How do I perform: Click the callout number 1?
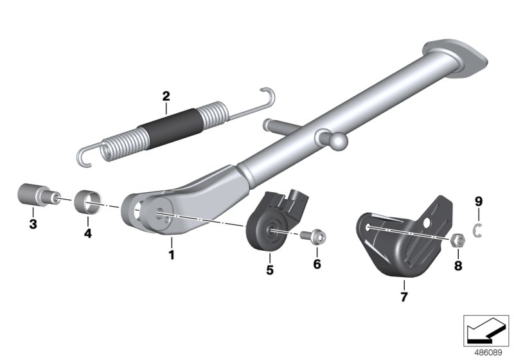172,255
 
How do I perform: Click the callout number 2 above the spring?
166,97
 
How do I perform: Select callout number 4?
88,233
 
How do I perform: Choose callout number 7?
403,296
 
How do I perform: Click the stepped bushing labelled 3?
32,194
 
